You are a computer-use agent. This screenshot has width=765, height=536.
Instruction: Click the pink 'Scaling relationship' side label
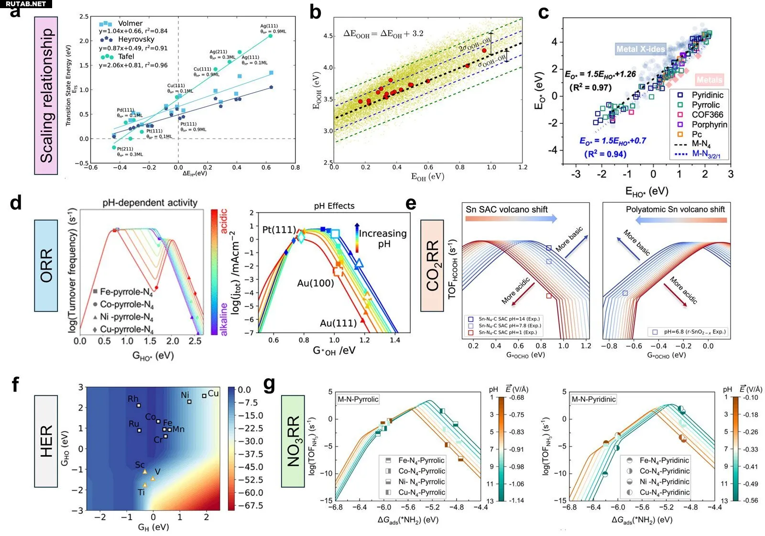click(46, 96)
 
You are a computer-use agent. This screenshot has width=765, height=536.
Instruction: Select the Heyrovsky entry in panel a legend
click(136, 39)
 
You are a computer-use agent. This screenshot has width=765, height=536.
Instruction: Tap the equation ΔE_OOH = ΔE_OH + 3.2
click(383, 33)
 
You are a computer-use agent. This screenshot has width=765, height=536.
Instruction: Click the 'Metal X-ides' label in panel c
click(640, 49)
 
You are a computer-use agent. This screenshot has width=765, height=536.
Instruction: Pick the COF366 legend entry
click(707, 115)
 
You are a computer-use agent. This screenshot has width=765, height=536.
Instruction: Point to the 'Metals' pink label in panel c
click(709, 80)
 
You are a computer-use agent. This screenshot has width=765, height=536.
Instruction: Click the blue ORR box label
click(46, 265)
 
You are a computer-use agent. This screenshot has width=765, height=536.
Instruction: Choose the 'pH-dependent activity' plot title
click(150, 203)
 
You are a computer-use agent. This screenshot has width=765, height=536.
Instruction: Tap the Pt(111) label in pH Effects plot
click(279, 230)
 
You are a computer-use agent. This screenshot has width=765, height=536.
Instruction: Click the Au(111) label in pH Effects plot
click(338, 323)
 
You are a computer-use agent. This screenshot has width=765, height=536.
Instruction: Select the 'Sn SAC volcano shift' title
click(506, 209)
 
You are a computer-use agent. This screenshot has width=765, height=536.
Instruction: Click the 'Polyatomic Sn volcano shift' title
click(675, 209)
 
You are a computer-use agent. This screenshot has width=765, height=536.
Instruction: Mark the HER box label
click(46, 441)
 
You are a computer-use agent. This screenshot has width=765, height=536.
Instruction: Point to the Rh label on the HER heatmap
click(133, 399)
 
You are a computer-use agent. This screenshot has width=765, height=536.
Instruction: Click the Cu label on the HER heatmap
click(213, 393)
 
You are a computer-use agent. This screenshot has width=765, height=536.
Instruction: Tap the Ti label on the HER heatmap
click(141, 492)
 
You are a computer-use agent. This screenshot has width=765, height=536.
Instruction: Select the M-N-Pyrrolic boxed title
click(358, 399)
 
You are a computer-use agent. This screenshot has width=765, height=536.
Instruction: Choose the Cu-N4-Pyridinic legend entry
click(664, 492)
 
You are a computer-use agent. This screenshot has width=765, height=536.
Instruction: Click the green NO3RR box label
click(293, 441)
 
